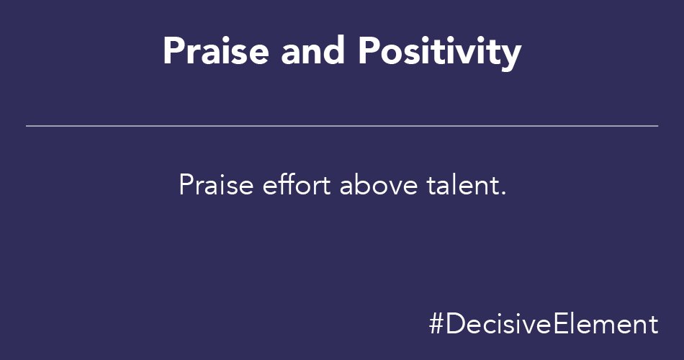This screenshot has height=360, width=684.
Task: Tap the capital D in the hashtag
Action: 454,324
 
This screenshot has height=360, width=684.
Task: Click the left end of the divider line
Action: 27,126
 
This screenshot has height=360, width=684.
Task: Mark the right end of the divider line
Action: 657,126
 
